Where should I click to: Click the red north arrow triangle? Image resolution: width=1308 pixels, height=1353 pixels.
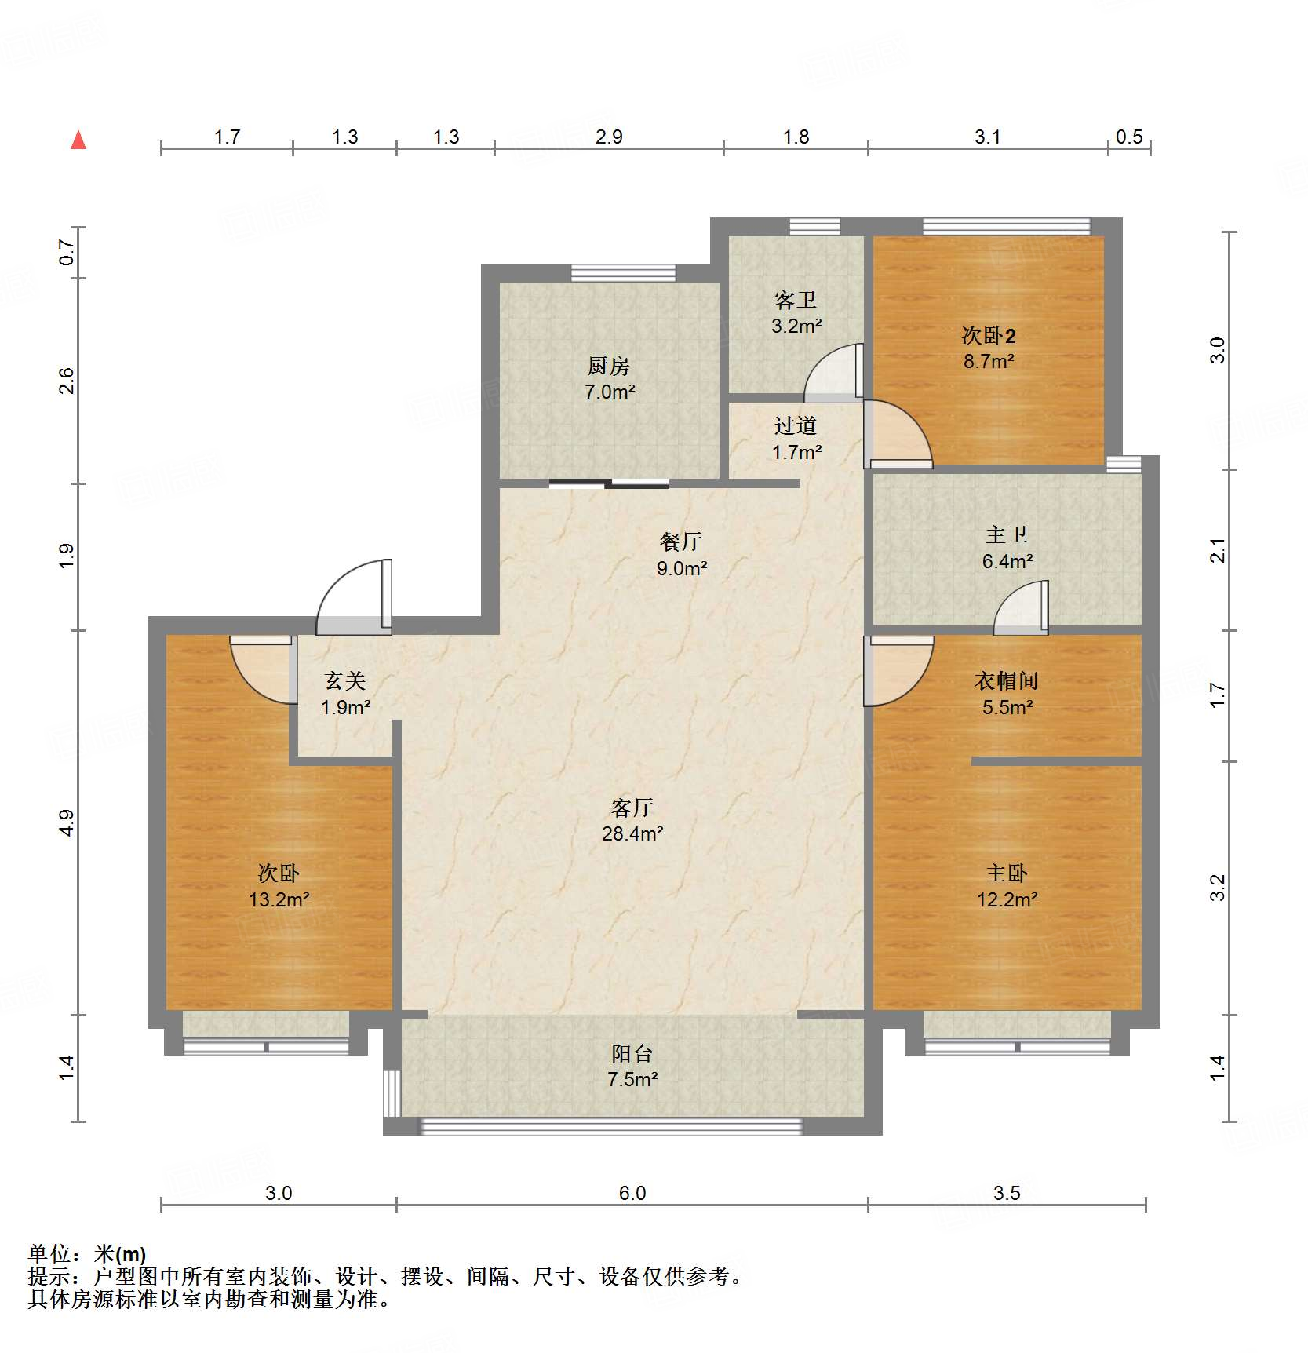(78, 140)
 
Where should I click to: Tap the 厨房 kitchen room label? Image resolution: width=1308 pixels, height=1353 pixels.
(609, 366)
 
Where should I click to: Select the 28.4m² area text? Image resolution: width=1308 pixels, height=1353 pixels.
(632, 833)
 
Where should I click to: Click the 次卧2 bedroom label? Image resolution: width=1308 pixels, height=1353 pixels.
(989, 336)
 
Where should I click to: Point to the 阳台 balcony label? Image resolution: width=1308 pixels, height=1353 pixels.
(632, 1053)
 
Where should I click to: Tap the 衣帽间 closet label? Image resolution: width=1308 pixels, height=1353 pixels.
(1007, 680)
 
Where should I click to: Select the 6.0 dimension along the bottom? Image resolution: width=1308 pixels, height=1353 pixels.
(632, 1194)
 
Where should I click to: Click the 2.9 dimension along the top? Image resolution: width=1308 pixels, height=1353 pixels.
(609, 137)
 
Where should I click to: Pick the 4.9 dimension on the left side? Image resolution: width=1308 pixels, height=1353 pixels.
(67, 822)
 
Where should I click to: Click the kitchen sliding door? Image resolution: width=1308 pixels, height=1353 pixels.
(609, 483)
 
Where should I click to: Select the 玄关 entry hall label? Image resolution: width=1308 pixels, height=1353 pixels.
(345, 680)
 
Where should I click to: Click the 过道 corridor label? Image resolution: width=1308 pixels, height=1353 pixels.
(796, 425)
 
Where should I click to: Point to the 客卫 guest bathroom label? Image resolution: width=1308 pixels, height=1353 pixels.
(796, 299)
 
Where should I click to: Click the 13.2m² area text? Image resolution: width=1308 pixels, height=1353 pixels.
(279, 899)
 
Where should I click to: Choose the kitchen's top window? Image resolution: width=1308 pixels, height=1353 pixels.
(623, 272)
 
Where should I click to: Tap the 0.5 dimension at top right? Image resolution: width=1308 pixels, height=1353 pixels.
(1129, 137)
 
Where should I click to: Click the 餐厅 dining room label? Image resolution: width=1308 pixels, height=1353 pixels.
(681, 541)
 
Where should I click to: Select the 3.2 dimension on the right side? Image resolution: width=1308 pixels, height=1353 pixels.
(1217, 888)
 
